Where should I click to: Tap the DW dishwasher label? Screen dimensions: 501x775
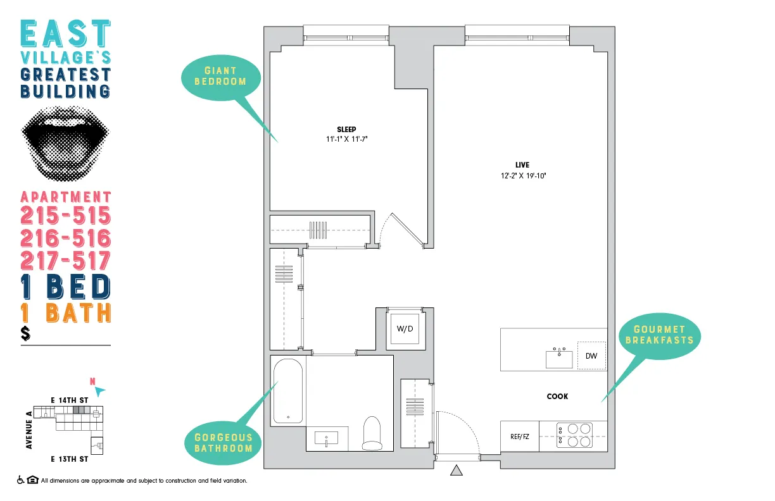tap(591, 356)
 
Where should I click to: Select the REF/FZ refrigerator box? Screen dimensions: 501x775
tap(519, 436)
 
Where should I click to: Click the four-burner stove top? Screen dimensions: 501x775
tap(574, 436)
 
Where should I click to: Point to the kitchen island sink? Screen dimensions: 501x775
tap(559, 358)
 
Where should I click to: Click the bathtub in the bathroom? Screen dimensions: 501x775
tap(289, 391)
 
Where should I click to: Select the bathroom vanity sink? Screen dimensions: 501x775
tap(326, 438)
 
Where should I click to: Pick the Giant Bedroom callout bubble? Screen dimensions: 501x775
tap(220, 76)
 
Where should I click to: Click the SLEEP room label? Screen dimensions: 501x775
tap(346, 130)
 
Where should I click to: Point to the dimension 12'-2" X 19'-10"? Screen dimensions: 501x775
tap(522, 176)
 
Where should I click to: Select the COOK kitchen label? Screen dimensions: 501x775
tap(557, 397)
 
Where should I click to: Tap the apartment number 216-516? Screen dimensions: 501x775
tap(66, 238)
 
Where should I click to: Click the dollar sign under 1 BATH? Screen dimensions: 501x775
tap(26, 333)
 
